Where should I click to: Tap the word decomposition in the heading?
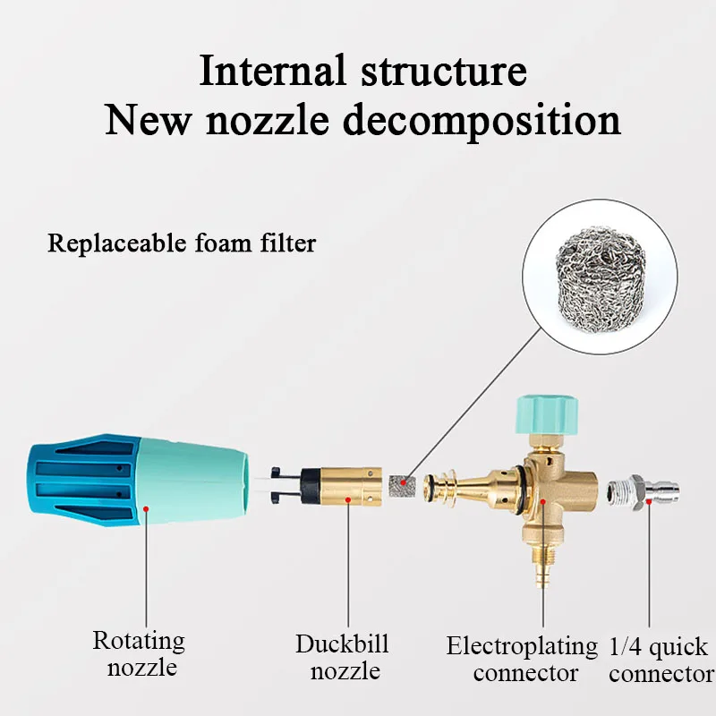point(482,120)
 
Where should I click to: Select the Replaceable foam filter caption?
point(182,243)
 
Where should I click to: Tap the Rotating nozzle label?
point(139,653)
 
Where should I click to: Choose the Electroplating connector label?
point(522,659)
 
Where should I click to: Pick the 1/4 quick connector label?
point(659,660)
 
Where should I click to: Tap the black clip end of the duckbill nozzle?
point(286,483)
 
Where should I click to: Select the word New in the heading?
point(148,120)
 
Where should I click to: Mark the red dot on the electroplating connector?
point(542,503)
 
